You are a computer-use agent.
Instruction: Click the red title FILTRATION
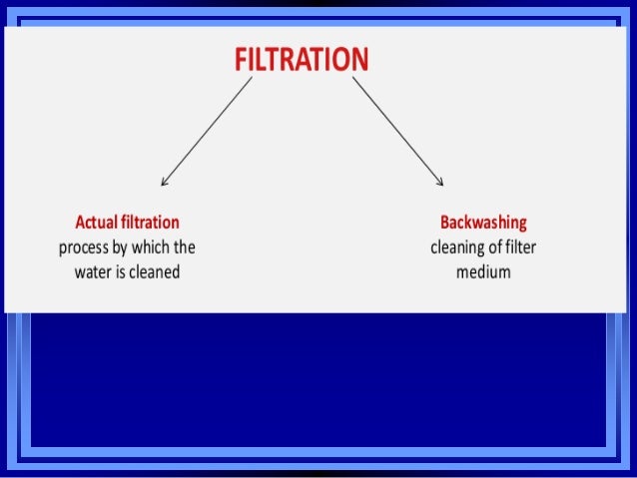(301, 59)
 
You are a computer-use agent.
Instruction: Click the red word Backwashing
(483, 222)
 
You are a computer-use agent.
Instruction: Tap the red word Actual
(96, 222)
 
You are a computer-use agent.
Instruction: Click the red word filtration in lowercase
(150, 222)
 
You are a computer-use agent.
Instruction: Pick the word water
(96, 270)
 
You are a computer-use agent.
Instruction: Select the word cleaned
(154, 270)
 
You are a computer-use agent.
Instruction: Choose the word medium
(483, 270)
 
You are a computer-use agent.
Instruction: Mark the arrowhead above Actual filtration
(164, 182)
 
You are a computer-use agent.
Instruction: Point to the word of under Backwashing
(494, 246)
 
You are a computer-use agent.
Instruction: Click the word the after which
(185, 246)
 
